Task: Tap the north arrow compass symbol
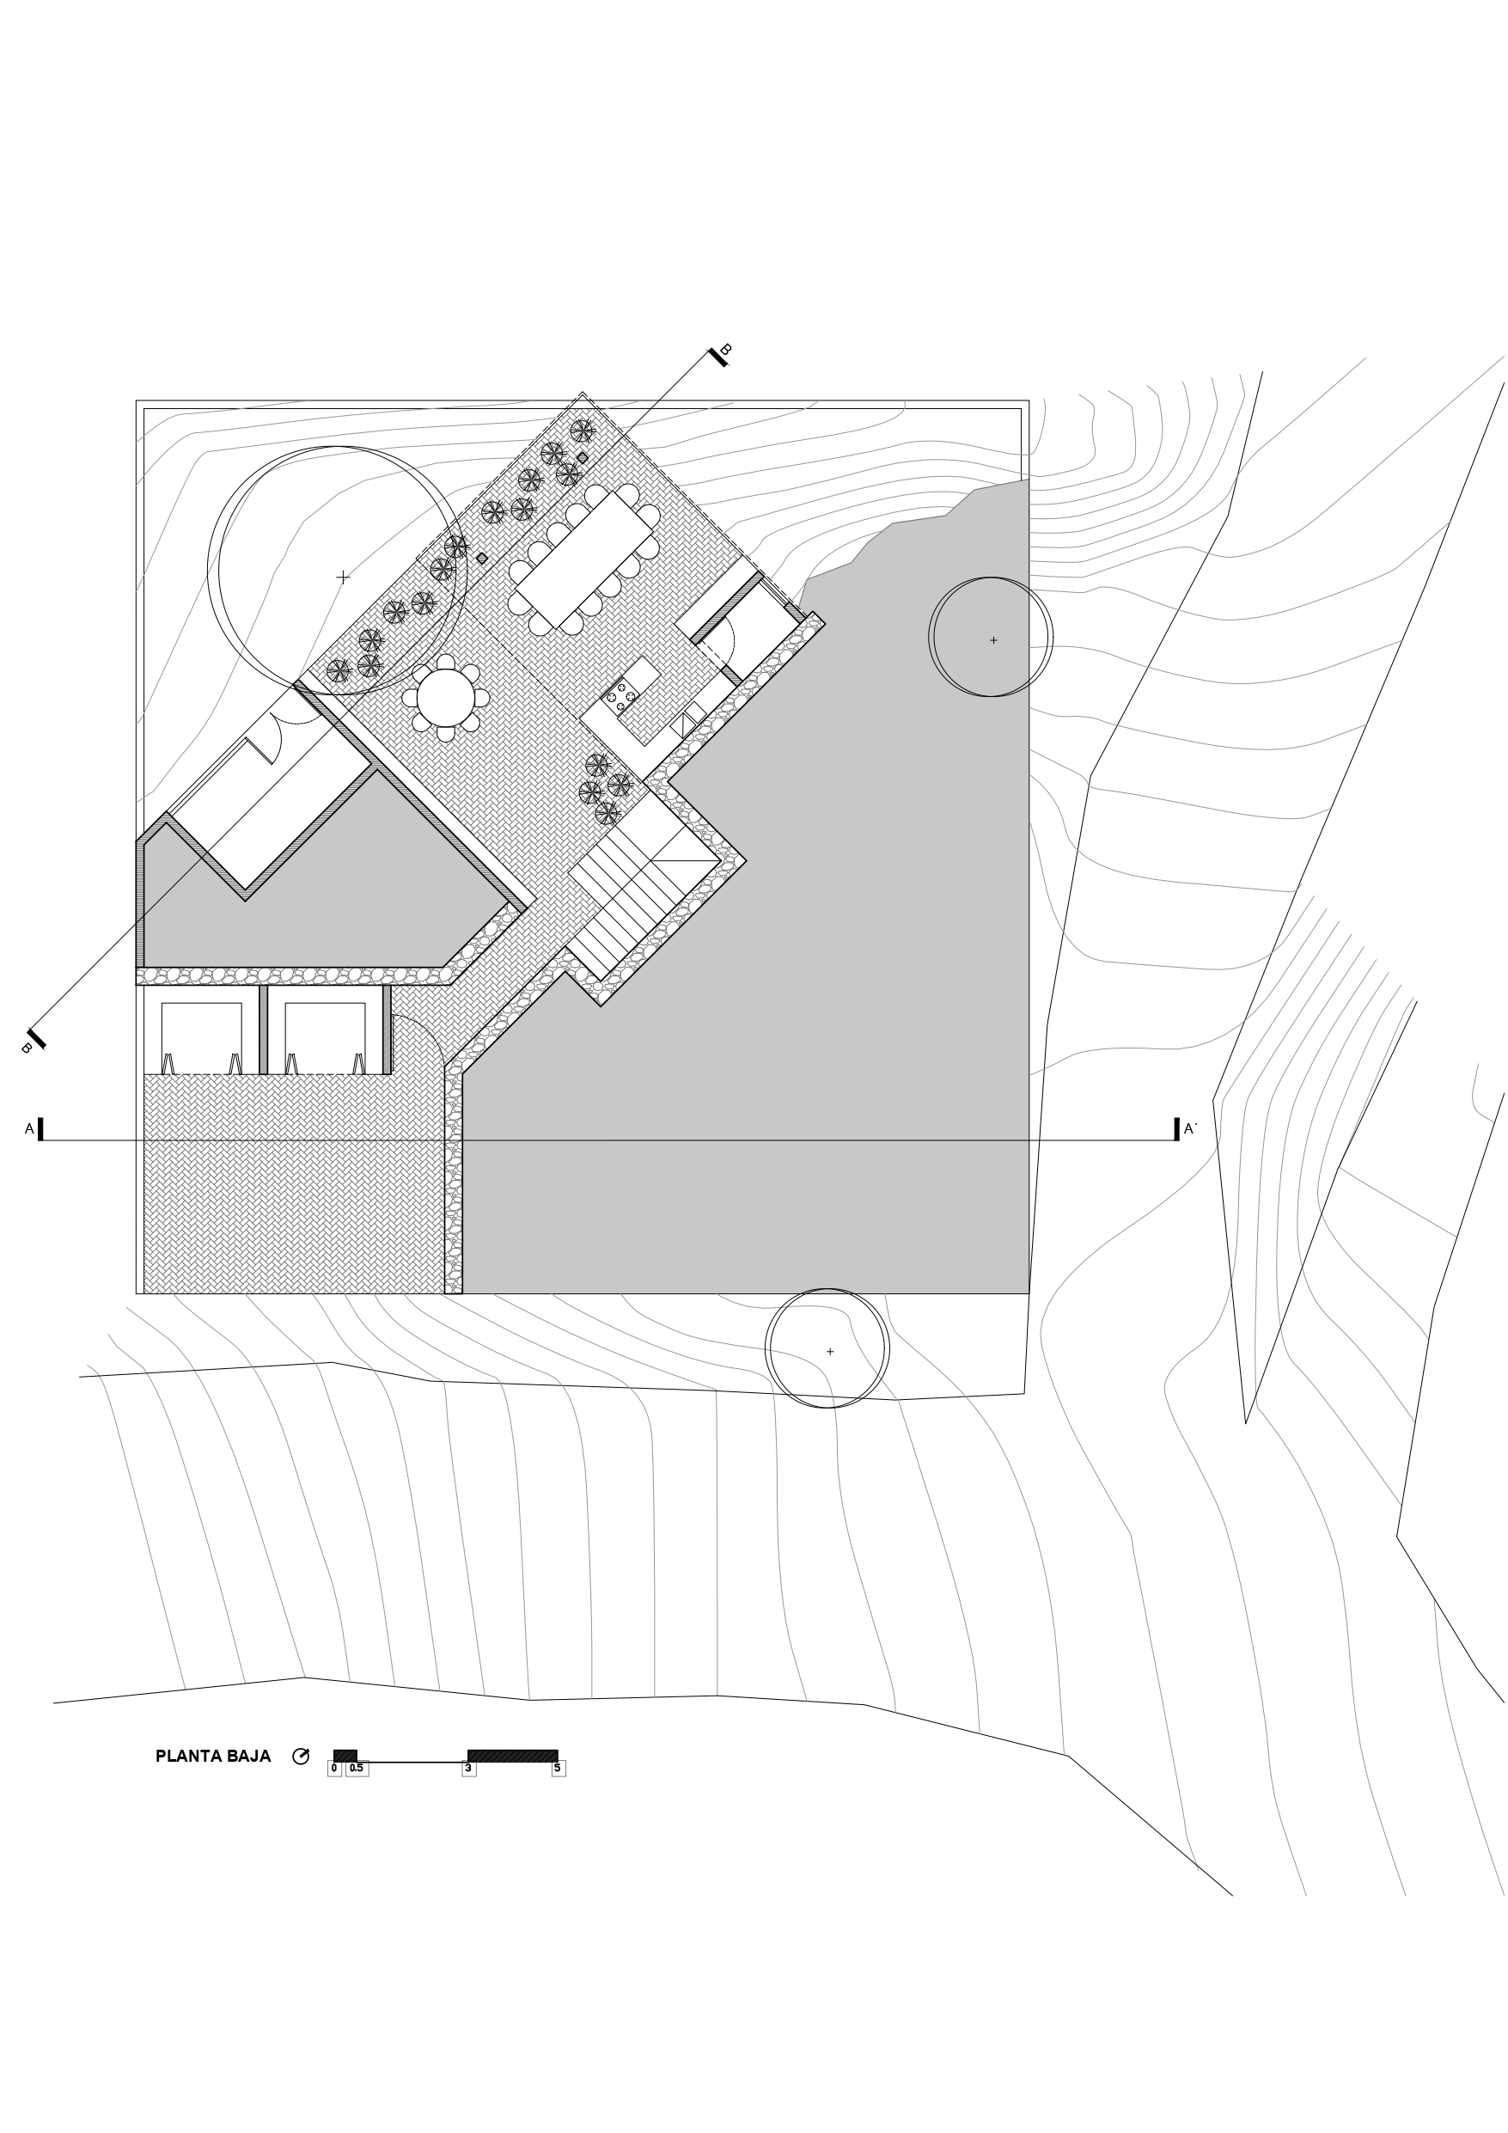[x=300, y=1756]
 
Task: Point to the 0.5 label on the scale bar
[x=357, y=1769]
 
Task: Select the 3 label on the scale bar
[x=468, y=1769]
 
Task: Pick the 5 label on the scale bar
[x=558, y=1769]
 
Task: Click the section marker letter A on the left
[x=29, y=1128]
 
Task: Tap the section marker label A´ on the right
[x=1190, y=1128]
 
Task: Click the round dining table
[x=445, y=698]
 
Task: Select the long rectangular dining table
[x=584, y=559]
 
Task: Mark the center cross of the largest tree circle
[x=343, y=577]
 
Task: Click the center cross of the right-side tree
[x=993, y=640]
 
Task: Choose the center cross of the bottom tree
[x=830, y=1352]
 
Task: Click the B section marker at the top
[x=720, y=354]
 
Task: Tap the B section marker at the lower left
[x=34, y=1042]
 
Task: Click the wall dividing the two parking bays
[x=263, y=1030]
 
